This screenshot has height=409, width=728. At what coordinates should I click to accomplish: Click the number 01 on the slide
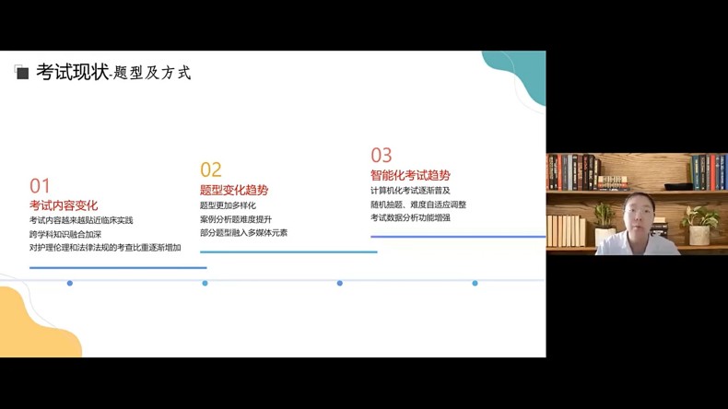point(40,186)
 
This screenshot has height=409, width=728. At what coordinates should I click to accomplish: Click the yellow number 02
point(211,169)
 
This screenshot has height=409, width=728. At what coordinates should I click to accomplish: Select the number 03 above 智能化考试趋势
point(382,155)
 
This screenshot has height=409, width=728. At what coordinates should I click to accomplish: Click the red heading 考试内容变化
point(64,205)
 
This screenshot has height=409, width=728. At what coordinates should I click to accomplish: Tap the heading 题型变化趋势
point(234,190)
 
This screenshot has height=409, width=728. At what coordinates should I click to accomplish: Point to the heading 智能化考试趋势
point(410,175)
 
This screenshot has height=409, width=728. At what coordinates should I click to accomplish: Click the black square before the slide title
point(22,73)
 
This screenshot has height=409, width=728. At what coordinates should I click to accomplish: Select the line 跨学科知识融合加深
point(65,234)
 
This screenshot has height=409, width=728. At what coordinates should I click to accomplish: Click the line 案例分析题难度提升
point(236,219)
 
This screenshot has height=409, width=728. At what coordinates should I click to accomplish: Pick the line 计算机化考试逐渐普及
point(410,191)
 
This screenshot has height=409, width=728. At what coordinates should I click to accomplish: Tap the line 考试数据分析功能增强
point(410,217)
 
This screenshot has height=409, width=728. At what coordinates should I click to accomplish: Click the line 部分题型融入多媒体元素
point(244,232)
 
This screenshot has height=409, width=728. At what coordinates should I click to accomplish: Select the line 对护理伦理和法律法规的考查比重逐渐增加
point(105,248)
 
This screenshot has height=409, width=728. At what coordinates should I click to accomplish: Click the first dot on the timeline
point(70,283)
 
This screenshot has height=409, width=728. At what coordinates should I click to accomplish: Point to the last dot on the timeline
point(475,283)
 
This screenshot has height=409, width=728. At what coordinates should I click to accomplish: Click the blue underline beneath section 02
point(288,252)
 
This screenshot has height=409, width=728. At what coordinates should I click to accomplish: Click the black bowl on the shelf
point(678,186)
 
